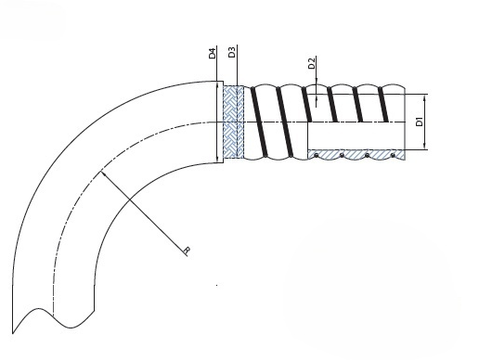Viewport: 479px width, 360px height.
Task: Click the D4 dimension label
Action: (x=212, y=53)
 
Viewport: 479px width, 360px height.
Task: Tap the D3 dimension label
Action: (x=232, y=51)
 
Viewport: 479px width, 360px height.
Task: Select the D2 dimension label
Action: (x=312, y=63)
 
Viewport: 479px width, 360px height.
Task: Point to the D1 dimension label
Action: (x=420, y=122)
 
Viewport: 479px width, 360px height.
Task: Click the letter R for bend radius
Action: (x=187, y=251)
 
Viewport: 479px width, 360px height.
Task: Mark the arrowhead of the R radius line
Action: (x=103, y=174)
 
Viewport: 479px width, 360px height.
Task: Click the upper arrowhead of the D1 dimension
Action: (x=425, y=97)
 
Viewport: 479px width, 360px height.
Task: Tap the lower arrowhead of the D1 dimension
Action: (x=425, y=147)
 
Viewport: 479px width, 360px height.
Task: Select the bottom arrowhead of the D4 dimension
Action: (x=217, y=160)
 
